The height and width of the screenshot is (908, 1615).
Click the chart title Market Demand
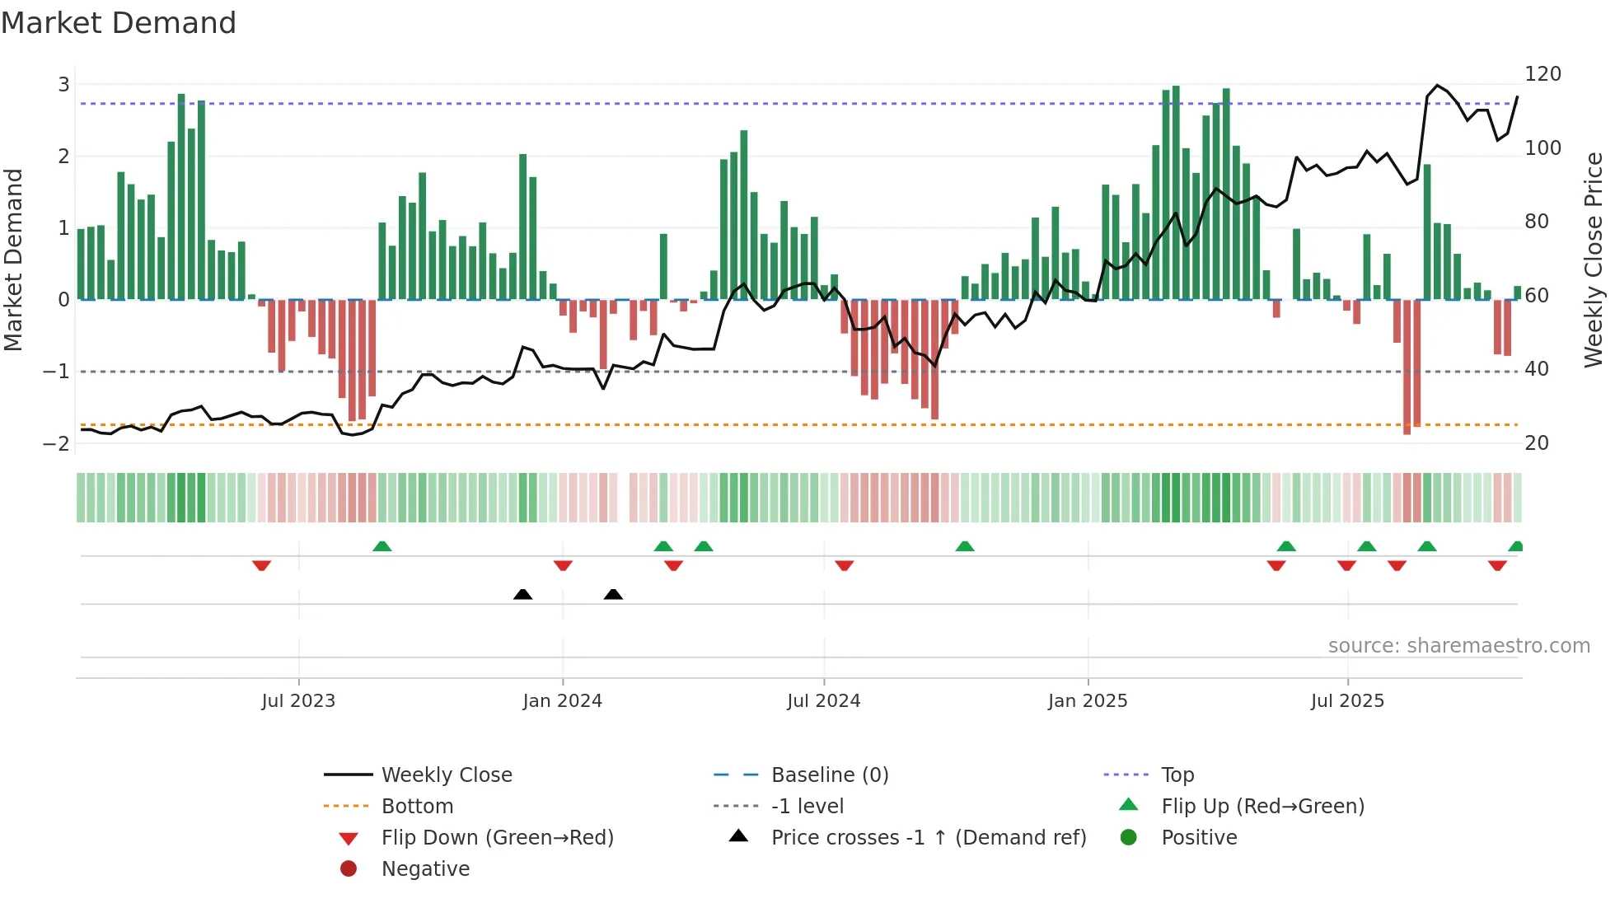[x=119, y=23]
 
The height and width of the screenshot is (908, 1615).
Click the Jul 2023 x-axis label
[x=298, y=701]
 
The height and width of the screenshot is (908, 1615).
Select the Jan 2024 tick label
[x=563, y=701]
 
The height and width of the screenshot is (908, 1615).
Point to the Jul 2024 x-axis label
[x=824, y=701]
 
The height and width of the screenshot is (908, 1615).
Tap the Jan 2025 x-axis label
[x=1088, y=701]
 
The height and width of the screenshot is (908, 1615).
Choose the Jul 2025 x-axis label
[x=1348, y=701]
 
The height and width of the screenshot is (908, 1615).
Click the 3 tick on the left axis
[x=63, y=84]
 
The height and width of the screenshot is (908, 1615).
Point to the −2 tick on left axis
[x=56, y=443]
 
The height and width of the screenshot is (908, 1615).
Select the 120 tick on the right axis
[x=1542, y=74]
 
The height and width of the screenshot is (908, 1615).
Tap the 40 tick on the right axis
[x=1537, y=369]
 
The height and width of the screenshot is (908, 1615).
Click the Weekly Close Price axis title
[x=1594, y=260]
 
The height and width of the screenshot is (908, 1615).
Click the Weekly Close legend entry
[x=446, y=775]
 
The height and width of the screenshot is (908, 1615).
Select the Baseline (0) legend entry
[x=829, y=775]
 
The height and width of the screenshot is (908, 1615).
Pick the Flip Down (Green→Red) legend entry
[x=497, y=838]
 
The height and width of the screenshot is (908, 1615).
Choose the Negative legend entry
[x=425, y=869]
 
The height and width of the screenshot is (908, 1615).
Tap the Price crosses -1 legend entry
[x=928, y=838]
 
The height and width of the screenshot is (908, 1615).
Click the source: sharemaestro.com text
[x=1458, y=646]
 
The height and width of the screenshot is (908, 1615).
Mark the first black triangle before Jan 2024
[x=522, y=594]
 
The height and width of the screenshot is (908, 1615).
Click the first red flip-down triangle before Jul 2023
[x=261, y=565]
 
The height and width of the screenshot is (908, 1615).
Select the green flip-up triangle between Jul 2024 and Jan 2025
[x=965, y=546]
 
